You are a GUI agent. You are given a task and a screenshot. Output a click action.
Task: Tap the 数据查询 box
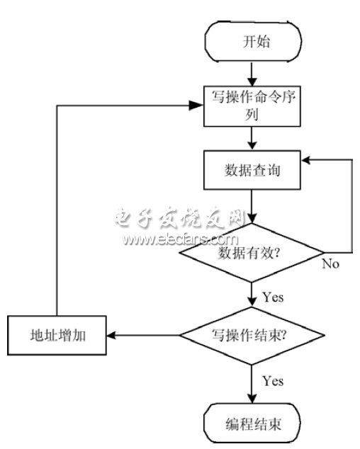point(252,171)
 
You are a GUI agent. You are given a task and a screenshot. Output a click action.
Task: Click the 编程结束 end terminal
point(252,425)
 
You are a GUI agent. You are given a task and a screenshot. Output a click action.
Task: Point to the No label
point(330,263)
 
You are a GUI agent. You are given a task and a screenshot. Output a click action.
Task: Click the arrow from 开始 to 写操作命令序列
point(252,73)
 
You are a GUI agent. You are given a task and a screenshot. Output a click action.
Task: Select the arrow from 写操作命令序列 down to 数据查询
point(252,139)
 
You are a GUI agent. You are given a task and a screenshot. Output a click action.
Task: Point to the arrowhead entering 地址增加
point(111,334)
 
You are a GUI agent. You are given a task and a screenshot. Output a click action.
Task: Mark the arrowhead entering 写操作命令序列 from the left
point(198,106)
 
